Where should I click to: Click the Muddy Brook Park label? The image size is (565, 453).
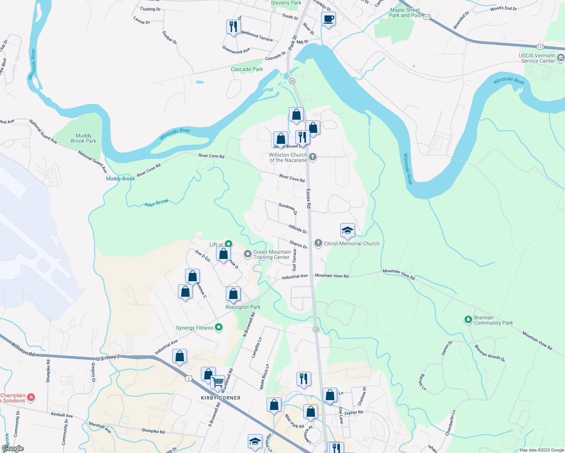tap(83, 138)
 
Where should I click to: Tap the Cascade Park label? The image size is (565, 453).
tap(247, 69)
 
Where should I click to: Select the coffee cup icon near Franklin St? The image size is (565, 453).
tap(328, 18)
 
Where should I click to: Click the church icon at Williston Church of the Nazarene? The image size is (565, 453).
tap(312, 157)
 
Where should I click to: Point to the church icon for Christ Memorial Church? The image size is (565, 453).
tap(318, 243)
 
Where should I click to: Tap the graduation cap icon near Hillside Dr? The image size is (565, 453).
tap(347, 230)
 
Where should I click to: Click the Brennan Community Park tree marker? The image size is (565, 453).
tap(468, 320)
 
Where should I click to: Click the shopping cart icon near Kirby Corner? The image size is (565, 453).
tap(218, 382)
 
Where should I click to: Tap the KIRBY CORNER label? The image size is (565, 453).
tap(221, 398)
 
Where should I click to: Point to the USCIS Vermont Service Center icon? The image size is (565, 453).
tap(560, 58)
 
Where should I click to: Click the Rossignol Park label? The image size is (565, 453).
tap(243, 307)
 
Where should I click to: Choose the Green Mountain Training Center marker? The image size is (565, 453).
tap(247, 254)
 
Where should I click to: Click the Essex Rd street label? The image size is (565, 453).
tap(309, 199)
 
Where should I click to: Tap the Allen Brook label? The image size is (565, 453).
tap(156, 203)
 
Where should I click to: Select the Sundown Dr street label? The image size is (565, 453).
tap(288, 208)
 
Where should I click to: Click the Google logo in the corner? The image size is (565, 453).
tap(13, 448)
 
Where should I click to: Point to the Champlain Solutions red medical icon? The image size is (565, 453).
tap(31, 397)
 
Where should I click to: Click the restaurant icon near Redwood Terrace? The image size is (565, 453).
tap(233, 26)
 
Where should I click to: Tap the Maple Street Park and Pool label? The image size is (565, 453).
tap(405, 13)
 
